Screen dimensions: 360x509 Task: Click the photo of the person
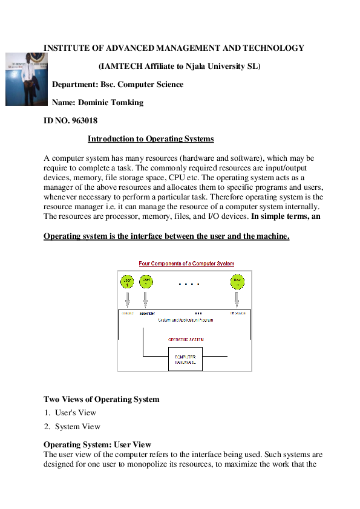coord(26,79)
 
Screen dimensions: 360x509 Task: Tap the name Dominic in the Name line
coord(94,103)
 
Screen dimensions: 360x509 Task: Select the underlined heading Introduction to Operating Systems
coord(151,139)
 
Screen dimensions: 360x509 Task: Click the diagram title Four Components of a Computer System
coord(186,264)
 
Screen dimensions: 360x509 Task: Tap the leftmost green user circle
coord(128,281)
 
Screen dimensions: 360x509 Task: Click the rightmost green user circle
coord(237,281)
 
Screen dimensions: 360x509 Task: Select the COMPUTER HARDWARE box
coord(185,359)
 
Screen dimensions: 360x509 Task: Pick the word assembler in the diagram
coord(147,314)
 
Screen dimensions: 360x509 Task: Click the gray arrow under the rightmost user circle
coord(237,299)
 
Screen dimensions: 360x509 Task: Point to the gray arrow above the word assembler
coord(146,299)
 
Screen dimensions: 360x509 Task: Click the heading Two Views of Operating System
coord(102,399)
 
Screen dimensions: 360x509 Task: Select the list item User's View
coord(75,413)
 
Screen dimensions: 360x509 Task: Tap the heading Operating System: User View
coord(97,445)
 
